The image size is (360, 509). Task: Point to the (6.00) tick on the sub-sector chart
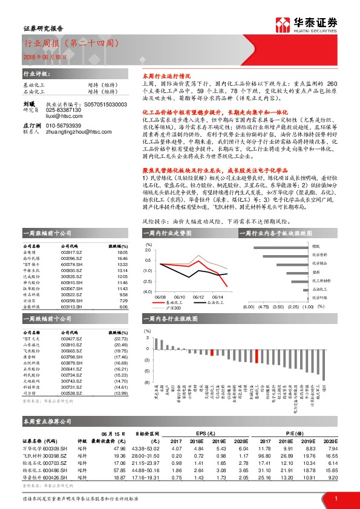[x=248, y=306]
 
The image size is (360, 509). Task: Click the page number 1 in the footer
[x=336, y=498]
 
